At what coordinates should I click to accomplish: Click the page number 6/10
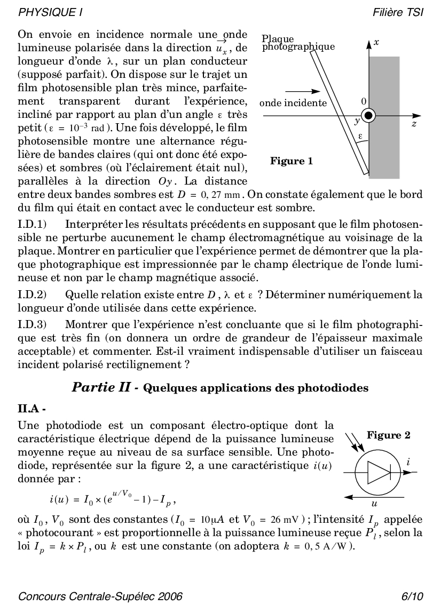pos(412,596)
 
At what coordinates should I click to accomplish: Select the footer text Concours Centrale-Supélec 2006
pos(100,596)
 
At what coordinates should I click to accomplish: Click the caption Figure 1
pos(292,161)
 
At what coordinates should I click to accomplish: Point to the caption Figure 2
pos(388,435)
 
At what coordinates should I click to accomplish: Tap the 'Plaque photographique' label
pos(298,43)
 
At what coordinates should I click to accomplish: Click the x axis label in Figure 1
pos(376,42)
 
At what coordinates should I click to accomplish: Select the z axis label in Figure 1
pos(413,124)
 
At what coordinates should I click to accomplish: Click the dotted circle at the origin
pos(369,115)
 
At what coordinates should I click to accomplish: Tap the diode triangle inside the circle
pos(380,472)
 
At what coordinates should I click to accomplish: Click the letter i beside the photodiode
pos(408,463)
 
